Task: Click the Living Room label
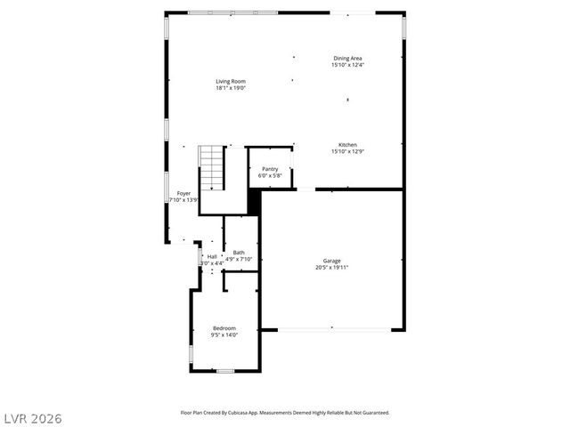230,81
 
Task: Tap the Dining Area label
347,59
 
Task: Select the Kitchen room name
347,145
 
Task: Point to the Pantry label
270,169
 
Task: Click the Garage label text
331,261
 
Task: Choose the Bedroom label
224,328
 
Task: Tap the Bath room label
239,253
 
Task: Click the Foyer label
183,193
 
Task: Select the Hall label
212,256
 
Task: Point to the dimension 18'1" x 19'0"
230,88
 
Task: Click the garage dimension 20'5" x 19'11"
331,268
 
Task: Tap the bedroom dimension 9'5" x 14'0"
224,335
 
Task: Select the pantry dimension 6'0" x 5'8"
270,176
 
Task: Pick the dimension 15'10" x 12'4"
347,65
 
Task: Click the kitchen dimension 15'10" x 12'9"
347,151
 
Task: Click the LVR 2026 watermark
32,417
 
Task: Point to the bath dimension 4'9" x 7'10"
239,260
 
